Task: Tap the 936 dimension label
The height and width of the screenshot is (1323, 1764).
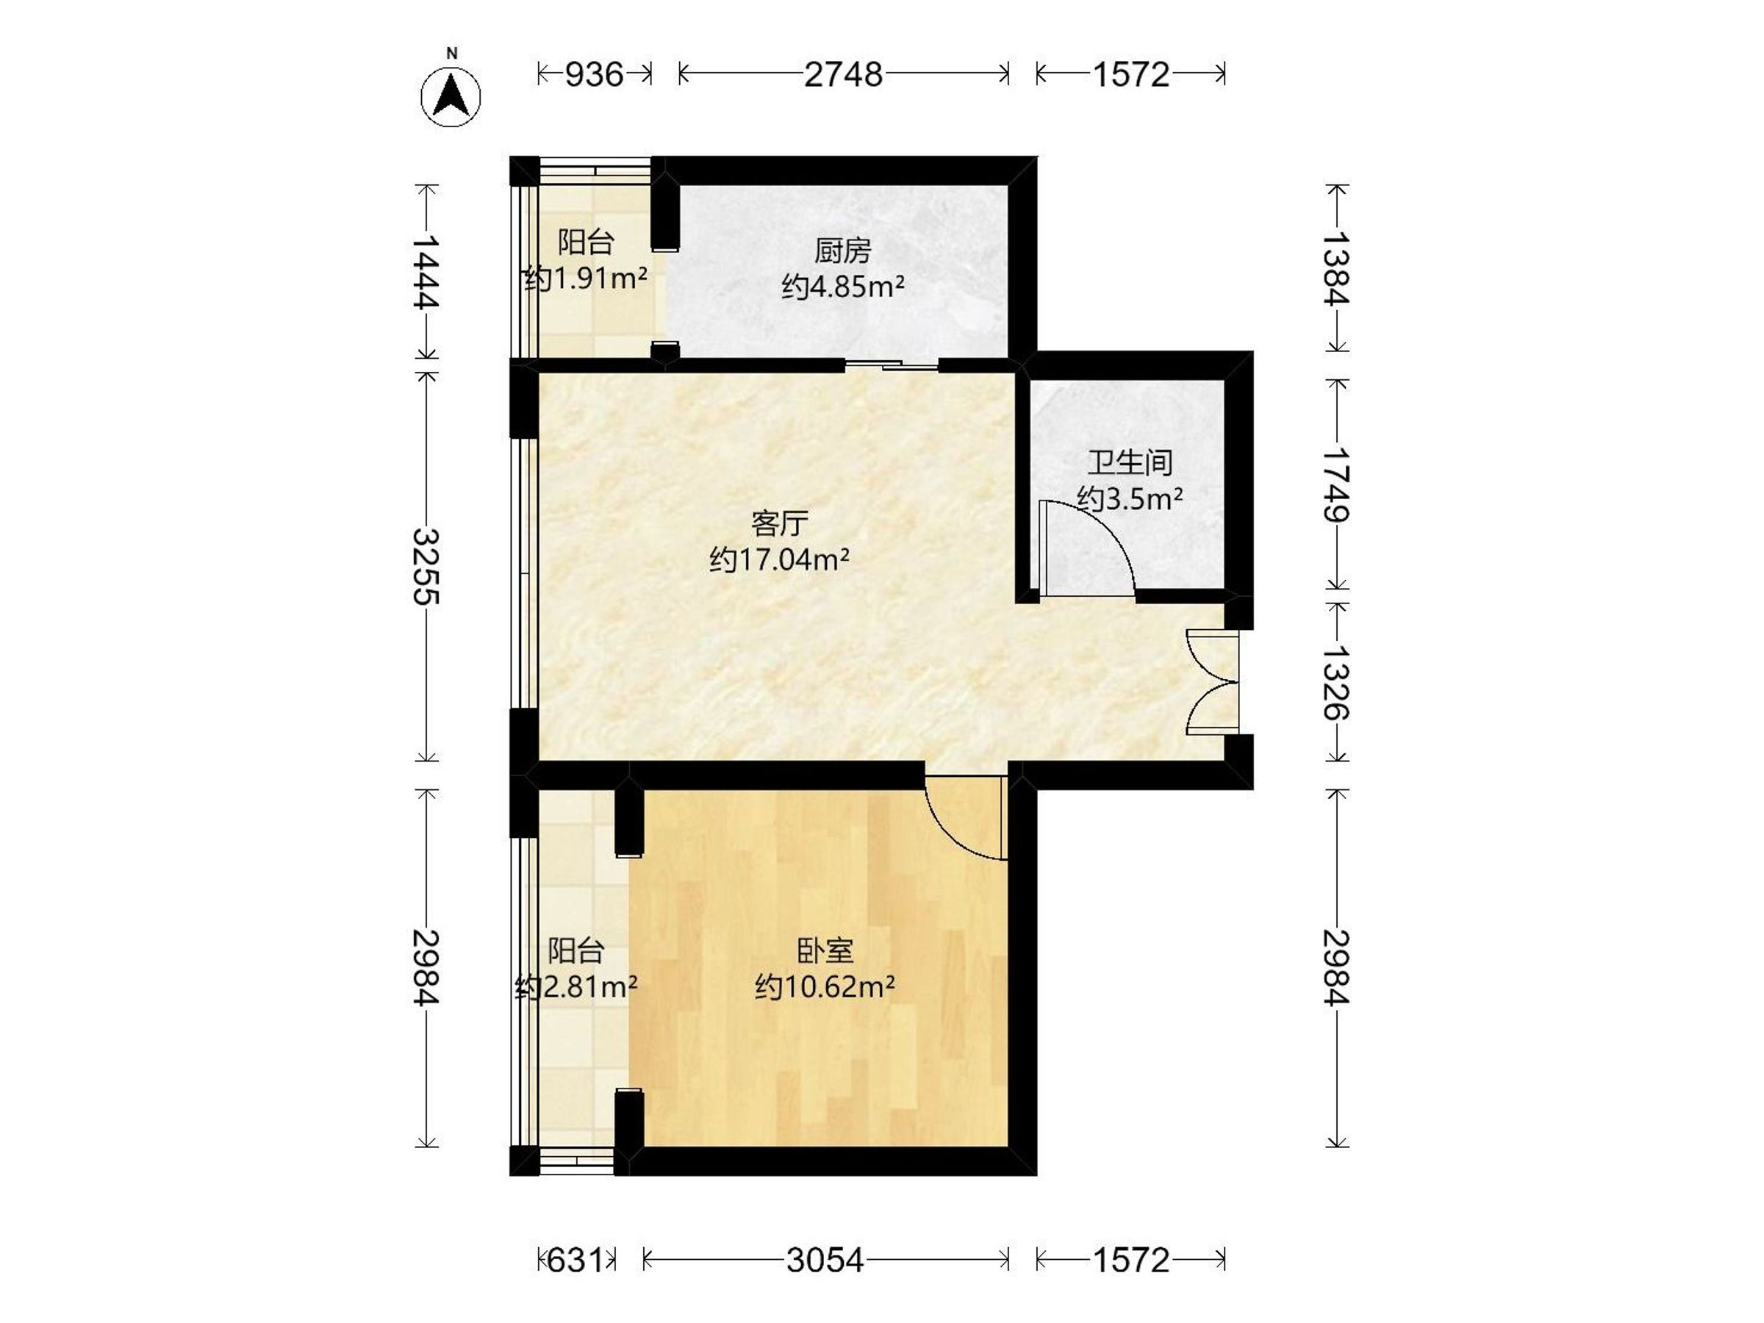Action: click(x=594, y=74)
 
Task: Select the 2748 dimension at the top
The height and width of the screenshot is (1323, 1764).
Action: click(x=843, y=74)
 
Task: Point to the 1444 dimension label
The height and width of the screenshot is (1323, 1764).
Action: click(x=426, y=272)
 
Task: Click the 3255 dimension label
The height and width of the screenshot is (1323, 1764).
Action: click(x=426, y=566)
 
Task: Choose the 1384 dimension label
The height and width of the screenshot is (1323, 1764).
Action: click(x=1336, y=268)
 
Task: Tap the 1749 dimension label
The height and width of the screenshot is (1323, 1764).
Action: click(x=1336, y=484)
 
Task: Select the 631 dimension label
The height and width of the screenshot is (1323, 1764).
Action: click(x=575, y=1260)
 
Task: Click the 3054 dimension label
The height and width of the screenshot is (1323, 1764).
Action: click(x=825, y=1260)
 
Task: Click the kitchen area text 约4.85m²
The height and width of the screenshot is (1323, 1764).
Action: click(x=843, y=287)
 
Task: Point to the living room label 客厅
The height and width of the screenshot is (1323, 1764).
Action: click(x=780, y=524)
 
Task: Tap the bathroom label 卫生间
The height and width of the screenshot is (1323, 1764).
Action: click(x=1130, y=462)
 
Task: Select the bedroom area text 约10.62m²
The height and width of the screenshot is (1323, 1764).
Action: click(x=825, y=987)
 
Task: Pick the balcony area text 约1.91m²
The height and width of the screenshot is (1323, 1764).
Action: click(x=585, y=279)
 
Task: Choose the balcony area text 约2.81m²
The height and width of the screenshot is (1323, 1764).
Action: click(x=576, y=987)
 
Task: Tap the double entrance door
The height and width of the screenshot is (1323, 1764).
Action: click(x=1213, y=682)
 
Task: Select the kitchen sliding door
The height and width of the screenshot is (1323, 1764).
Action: click(x=892, y=365)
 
